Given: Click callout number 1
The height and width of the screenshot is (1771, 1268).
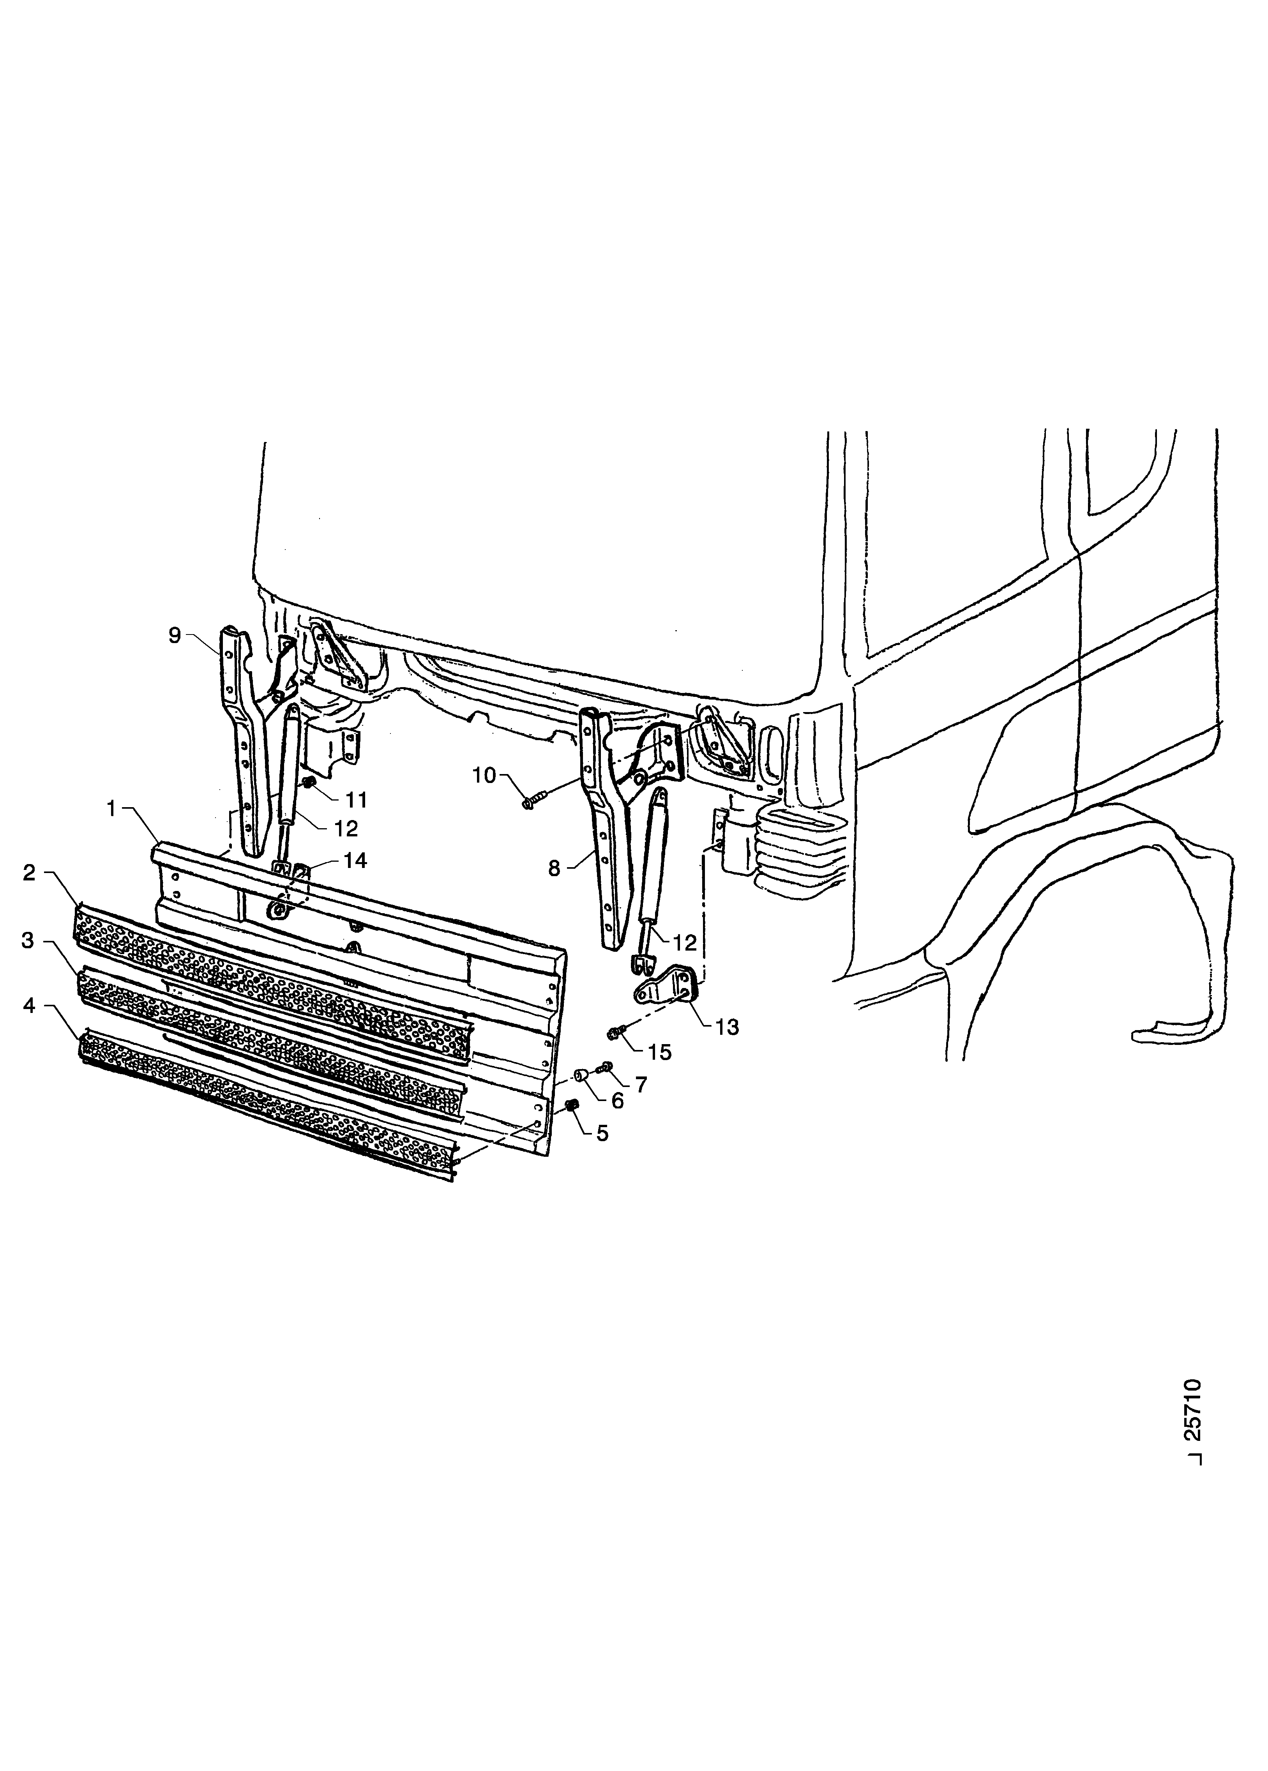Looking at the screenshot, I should pyautogui.click(x=112, y=810).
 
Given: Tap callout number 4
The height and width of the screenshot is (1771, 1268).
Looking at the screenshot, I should pyautogui.click(x=29, y=1006).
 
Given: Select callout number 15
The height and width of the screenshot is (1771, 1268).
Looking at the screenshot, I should pyautogui.click(x=660, y=1053).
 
